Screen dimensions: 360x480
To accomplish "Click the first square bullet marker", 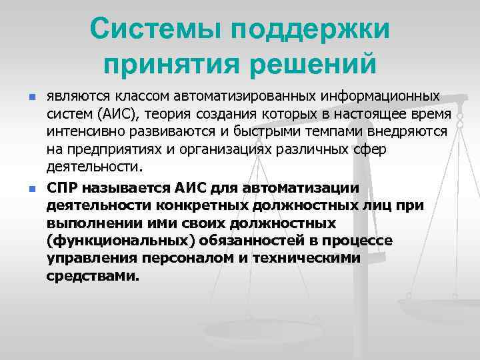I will [x=31, y=99].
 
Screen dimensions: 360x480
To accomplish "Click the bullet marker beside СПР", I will [x=31, y=190].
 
